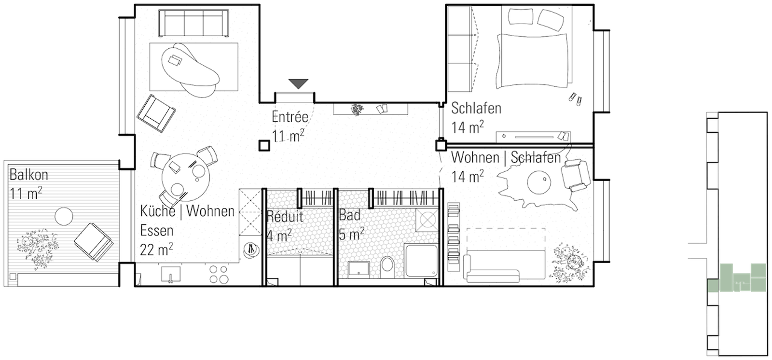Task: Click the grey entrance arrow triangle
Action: click(x=299, y=84)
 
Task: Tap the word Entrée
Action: click(x=289, y=117)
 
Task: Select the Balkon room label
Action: click(x=29, y=175)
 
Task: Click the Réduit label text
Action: click(x=285, y=217)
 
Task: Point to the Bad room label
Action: click(x=350, y=215)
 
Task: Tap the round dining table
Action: click(x=186, y=177)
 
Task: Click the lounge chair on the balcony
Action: click(x=94, y=241)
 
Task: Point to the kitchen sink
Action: click(x=171, y=274)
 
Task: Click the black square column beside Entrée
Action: click(x=263, y=145)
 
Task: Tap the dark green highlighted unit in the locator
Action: click(x=713, y=286)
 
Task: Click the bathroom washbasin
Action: click(x=358, y=269)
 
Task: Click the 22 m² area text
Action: click(x=156, y=250)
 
